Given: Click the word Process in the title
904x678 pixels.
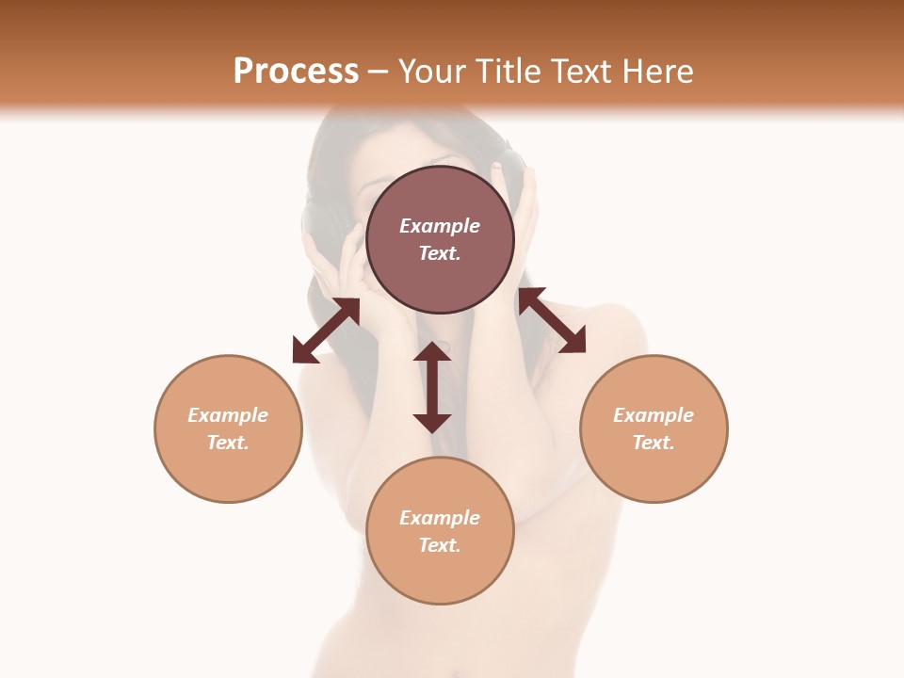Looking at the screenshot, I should pos(296,72).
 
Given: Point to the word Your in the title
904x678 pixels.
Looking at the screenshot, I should pos(434,72).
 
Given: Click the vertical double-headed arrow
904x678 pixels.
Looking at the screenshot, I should pos(432,387).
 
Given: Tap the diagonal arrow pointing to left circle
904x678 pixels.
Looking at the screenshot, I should pos(326,331).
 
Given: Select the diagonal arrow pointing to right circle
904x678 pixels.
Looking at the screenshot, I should pos(552,320).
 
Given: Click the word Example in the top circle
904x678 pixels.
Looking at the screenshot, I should pos(440,226).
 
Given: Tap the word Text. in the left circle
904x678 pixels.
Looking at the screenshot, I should pos(228,443).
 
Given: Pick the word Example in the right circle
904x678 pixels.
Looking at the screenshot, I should pos(654,415).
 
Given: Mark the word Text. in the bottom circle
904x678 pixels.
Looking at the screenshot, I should pos(440,545).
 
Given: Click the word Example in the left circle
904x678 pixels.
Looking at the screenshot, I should pos(228,415).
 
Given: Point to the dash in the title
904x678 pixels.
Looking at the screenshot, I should pos(379,72).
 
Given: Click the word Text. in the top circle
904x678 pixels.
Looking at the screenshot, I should pos(440,253).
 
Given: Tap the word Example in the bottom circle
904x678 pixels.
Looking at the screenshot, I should pos(440,518).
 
